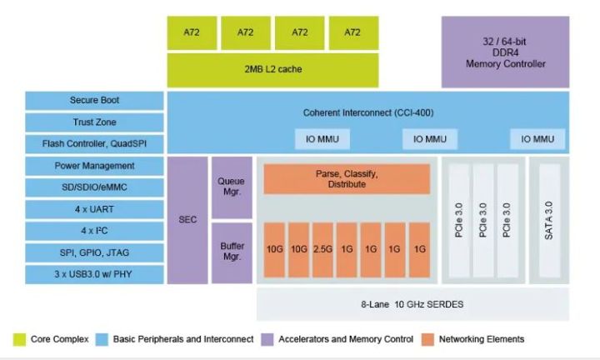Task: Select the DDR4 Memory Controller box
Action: [505, 52]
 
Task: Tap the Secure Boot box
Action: [94, 100]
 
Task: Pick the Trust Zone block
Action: [94, 122]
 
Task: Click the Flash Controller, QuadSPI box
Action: [94, 143]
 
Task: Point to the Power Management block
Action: [94, 166]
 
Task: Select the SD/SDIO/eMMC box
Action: [94, 187]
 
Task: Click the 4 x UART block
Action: [94, 210]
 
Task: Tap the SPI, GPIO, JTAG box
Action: [94, 252]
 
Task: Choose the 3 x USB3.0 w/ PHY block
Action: [94, 274]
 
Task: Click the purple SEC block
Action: [187, 220]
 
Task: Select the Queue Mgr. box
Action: [231, 186]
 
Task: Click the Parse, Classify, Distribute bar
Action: [347, 179]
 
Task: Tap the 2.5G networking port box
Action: [322, 249]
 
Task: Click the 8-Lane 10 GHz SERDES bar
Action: [412, 305]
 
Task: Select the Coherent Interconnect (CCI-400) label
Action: [368, 112]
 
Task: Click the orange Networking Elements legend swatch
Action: [427, 339]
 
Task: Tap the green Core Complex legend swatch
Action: [19, 339]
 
